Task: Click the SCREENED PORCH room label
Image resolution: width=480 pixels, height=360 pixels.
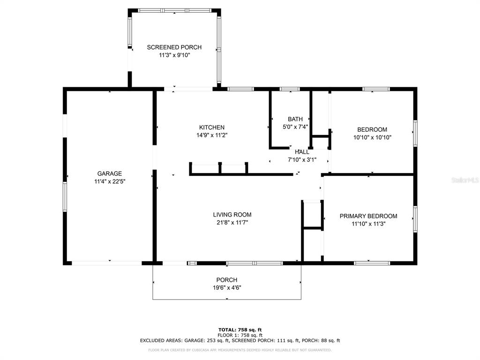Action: pos(174,47)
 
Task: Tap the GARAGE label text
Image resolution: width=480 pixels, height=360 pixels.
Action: pos(110,173)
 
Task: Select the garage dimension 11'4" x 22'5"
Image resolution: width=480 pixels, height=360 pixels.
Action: pos(110,181)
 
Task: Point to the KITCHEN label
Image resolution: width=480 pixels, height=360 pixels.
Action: pos(212,127)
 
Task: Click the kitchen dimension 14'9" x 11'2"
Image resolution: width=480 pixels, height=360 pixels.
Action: pos(212,135)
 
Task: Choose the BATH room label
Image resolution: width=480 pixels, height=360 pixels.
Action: pos(295,119)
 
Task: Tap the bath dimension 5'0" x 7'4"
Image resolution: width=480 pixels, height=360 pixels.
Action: pos(295,127)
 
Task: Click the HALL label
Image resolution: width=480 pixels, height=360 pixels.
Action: pos(302,152)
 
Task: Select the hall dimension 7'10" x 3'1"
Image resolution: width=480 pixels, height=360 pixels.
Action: pos(302,160)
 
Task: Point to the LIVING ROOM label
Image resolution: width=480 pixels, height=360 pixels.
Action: pos(232,215)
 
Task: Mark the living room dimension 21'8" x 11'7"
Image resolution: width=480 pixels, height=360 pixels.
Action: pos(232,223)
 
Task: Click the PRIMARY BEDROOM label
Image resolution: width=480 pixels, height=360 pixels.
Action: pos(368,216)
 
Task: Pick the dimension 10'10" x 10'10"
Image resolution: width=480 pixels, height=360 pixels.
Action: pos(372,137)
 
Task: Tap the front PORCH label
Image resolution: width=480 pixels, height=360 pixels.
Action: pos(227,280)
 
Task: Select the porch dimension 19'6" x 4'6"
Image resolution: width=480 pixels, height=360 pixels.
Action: pos(227,288)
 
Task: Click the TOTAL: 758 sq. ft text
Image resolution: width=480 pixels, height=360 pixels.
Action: pos(240,330)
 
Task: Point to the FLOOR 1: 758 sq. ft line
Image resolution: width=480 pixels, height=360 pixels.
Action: pos(240,335)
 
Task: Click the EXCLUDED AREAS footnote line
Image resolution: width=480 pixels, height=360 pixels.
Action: pos(240,340)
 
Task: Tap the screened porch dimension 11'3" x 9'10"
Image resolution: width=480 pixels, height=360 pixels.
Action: pos(174,55)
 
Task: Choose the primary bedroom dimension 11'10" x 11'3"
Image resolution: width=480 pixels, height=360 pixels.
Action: pos(368,224)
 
